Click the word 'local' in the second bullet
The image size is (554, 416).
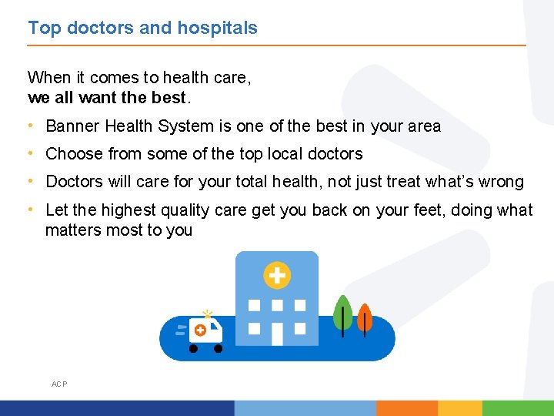coord(286,154)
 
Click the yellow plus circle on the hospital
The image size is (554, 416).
coord(276,274)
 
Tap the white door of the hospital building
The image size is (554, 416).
coord(277,334)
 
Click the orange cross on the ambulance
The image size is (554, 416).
coord(200,330)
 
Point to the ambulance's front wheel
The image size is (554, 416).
coord(218,349)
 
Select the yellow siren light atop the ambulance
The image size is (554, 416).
coord(206,314)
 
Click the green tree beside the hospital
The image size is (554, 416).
coord(343,313)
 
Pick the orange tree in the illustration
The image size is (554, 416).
coord(365,316)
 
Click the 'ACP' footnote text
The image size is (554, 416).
coord(59,384)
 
